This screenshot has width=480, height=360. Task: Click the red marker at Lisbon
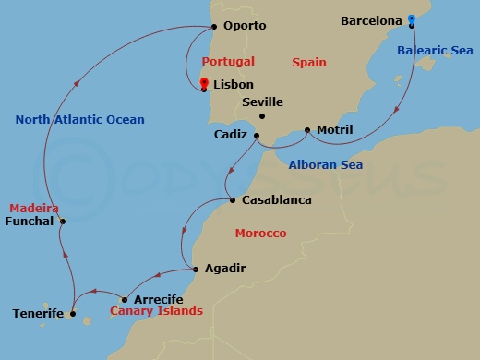[204, 84]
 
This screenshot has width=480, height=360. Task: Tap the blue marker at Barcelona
[412, 19]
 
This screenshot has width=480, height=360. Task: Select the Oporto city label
[245, 26]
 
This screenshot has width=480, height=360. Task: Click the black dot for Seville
[262, 116]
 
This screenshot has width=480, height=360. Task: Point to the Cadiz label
[230, 135]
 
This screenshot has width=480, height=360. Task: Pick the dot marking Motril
[308, 130]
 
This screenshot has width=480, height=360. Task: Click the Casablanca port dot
[230, 200]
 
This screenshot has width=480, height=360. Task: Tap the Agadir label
[226, 269]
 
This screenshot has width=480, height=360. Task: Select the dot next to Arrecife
[125, 300]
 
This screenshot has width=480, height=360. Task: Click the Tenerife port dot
[73, 315]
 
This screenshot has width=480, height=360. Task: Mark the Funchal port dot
[63, 222]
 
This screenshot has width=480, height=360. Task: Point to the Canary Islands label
[156, 312]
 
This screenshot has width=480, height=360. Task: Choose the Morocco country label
[260, 234]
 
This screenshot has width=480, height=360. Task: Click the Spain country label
[308, 63]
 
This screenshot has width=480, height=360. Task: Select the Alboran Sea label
[325, 165]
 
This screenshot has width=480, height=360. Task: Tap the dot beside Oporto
[213, 27]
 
